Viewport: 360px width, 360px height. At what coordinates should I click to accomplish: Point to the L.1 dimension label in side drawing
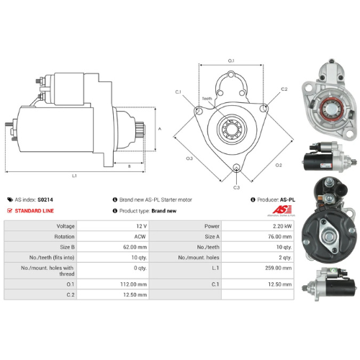point(75,176)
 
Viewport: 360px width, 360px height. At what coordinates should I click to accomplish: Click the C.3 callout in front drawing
point(236,187)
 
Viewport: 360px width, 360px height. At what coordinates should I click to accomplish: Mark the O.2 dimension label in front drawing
point(278,165)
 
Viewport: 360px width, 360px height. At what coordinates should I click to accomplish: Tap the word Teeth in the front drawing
point(207,99)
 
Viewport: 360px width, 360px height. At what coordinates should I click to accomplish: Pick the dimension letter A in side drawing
point(160,129)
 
